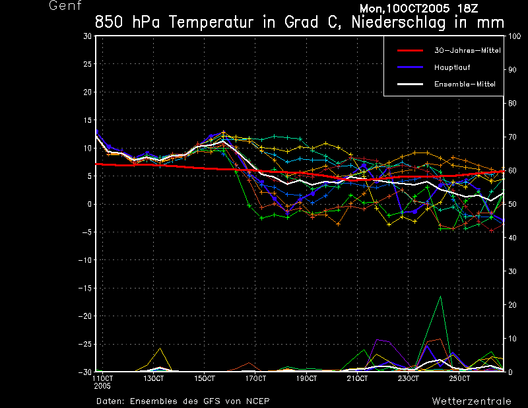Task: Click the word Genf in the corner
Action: click(64, 6)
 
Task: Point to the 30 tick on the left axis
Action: click(88, 36)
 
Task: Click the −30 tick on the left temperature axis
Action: click(86, 372)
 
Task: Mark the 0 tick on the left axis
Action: click(90, 204)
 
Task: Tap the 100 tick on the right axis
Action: click(513, 36)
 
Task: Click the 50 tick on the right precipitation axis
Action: click(511, 204)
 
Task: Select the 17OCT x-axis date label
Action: click(255, 379)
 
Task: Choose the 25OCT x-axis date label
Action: click(459, 379)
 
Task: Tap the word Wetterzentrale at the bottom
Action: click(471, 401)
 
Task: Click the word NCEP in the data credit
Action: click(256, 401)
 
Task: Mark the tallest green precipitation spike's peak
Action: click(440, 296)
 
